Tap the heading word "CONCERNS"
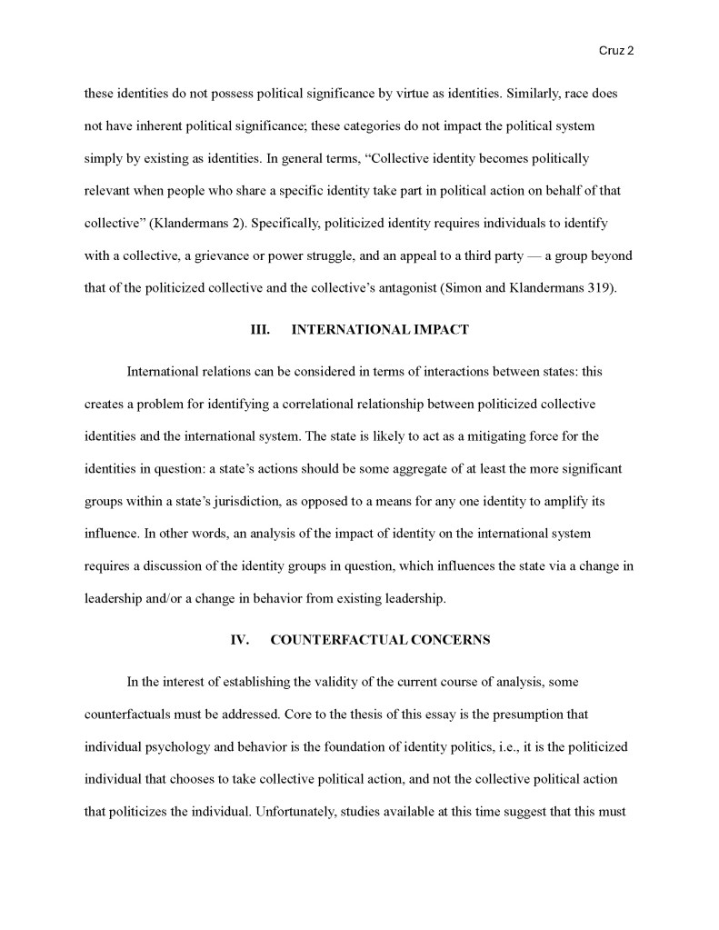pos(450,640)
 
